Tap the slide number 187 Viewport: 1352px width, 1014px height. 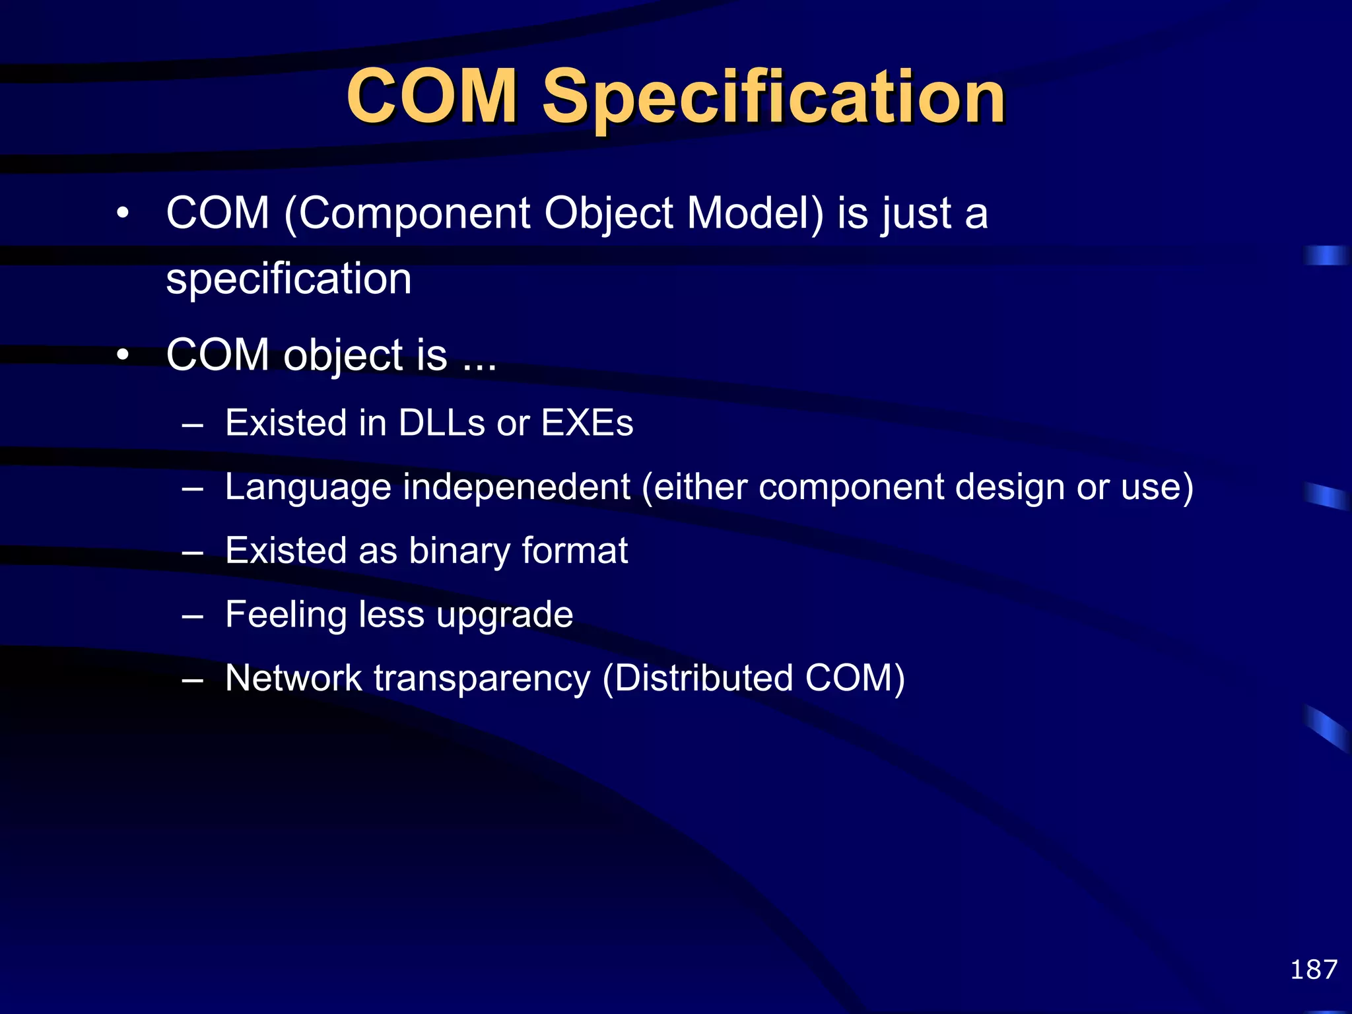pyautogui.click(x=1314, y=970)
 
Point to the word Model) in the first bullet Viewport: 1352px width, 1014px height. pyautogui.click(x=756, y=214)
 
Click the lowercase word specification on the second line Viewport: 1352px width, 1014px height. pyautogui.click(x=288, y=279)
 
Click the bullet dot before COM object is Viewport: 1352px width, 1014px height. pyautogui.click(x=122, y=355)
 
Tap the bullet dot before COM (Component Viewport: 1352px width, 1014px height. pyautogui.click(x=122, y=214)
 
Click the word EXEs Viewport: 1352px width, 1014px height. pyautogui.click(x=587, y=422)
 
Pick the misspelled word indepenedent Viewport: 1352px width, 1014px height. pyautogui.click(x=516, y=487)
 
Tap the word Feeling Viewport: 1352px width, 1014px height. pyautogui.click(x=286, y=615)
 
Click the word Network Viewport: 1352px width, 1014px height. pyautogui.click(x=293, y=678)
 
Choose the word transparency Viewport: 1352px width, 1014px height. pyautogui.click(x=482, y=678)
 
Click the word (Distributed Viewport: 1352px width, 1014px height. pyautogui.click(x=697, y=678)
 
